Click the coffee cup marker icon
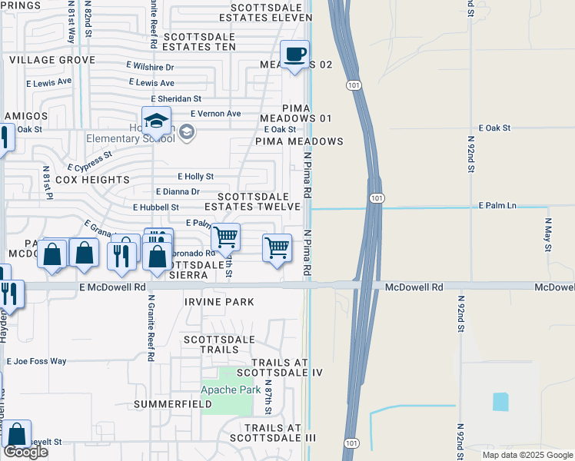pos(294,55)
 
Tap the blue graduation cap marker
pos(156,121)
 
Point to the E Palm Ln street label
pos(497,206)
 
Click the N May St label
pos(548,235)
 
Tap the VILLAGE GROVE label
pos(52,59)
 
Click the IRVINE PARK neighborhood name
pos(219,302)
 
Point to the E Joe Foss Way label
pos(36,360)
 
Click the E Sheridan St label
pos(176,98)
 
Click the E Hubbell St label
pos(155,207)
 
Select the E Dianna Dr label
pos(177,192)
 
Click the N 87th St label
pos(268,396)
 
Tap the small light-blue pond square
pos(500,401)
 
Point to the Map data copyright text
pos(527,455)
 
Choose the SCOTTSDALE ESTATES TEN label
pos(199,47)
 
